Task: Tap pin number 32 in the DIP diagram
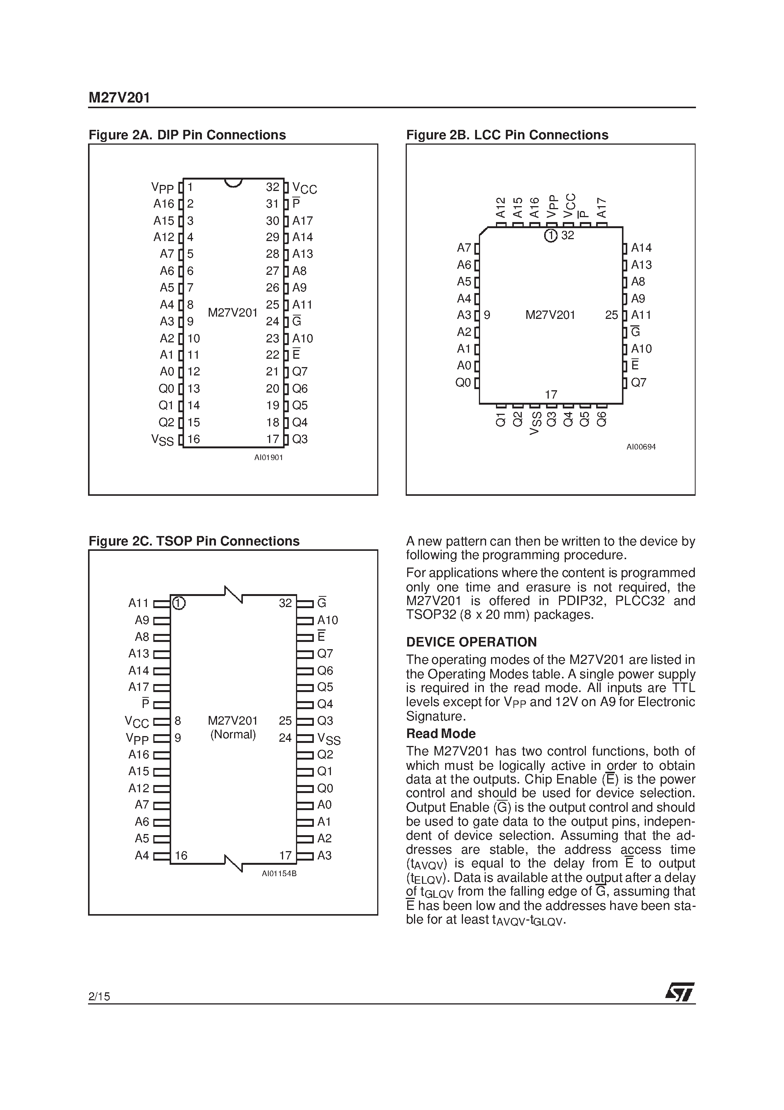point(272,187)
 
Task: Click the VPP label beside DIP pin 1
point(162,188)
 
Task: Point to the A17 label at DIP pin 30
point(302,221)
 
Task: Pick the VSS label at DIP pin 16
point(162,440)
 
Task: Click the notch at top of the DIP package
point(233,183)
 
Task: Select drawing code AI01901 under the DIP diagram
point(268,457)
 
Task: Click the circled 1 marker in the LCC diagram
point(551,236)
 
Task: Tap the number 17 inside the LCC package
point(551,394)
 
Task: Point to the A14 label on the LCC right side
point(641,248)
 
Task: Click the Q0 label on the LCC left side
point(463,383)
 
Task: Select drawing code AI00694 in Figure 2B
point(641,447)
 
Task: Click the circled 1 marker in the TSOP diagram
point(179,603)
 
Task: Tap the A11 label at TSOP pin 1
point(139,603)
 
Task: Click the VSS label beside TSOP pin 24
point(329,739)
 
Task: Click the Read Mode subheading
point(441,733)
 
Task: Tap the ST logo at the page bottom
point(680,993)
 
